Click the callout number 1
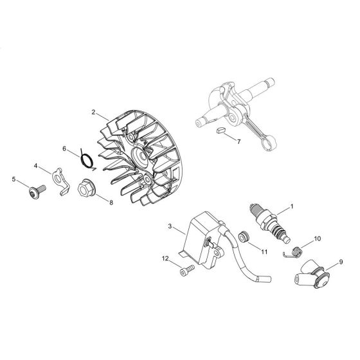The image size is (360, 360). click(292, 207)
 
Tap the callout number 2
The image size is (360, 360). click(94, 112)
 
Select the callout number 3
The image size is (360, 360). click(169, 226)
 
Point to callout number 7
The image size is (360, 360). click(239, 140)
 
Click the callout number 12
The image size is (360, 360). click(165, 258)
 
